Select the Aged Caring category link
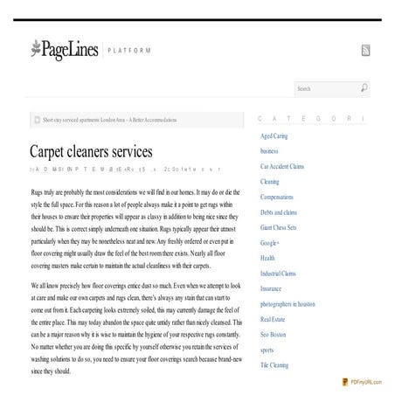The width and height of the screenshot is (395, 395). (x=275, y=135)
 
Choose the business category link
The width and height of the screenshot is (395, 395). (x=270, y=150)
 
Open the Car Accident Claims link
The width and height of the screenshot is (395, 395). (x=282, y=166)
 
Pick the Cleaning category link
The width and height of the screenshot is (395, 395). (x=270, y=181)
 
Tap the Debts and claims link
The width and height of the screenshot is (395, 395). (x=279, y=211)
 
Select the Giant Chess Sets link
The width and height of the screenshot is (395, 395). (x=278, y=227)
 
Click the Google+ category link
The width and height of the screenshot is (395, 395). (x=270, y=242)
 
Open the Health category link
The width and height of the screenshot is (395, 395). (x=268, y=258)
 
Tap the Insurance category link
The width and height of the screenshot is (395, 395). (x=272, y=288)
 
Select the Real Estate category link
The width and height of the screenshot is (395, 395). (x=274, y=319)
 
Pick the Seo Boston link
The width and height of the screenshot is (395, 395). (x=273, y=334)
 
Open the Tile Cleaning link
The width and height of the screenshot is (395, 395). (x=275, y=364)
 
